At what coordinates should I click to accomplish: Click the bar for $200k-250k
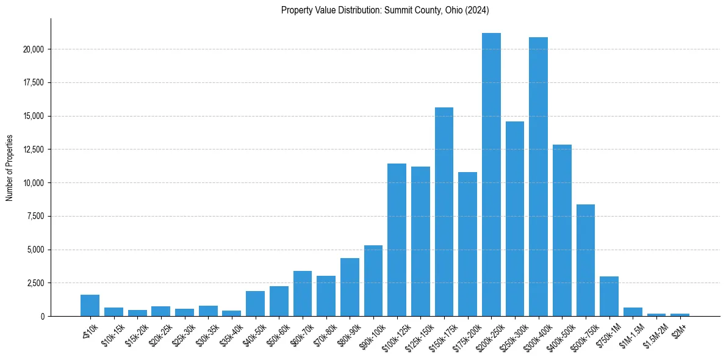491,175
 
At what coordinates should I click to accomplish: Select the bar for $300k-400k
538,177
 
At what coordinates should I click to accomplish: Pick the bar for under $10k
90,306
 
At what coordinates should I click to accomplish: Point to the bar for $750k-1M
609,297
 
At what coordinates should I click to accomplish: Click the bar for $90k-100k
373,281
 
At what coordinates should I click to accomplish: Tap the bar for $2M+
680,315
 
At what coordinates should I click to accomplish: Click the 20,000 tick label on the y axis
34,49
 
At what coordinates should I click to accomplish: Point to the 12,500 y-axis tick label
34,149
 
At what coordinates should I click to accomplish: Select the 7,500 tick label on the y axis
36,217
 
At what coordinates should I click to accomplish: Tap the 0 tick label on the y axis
43,317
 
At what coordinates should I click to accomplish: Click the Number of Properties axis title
9,168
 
